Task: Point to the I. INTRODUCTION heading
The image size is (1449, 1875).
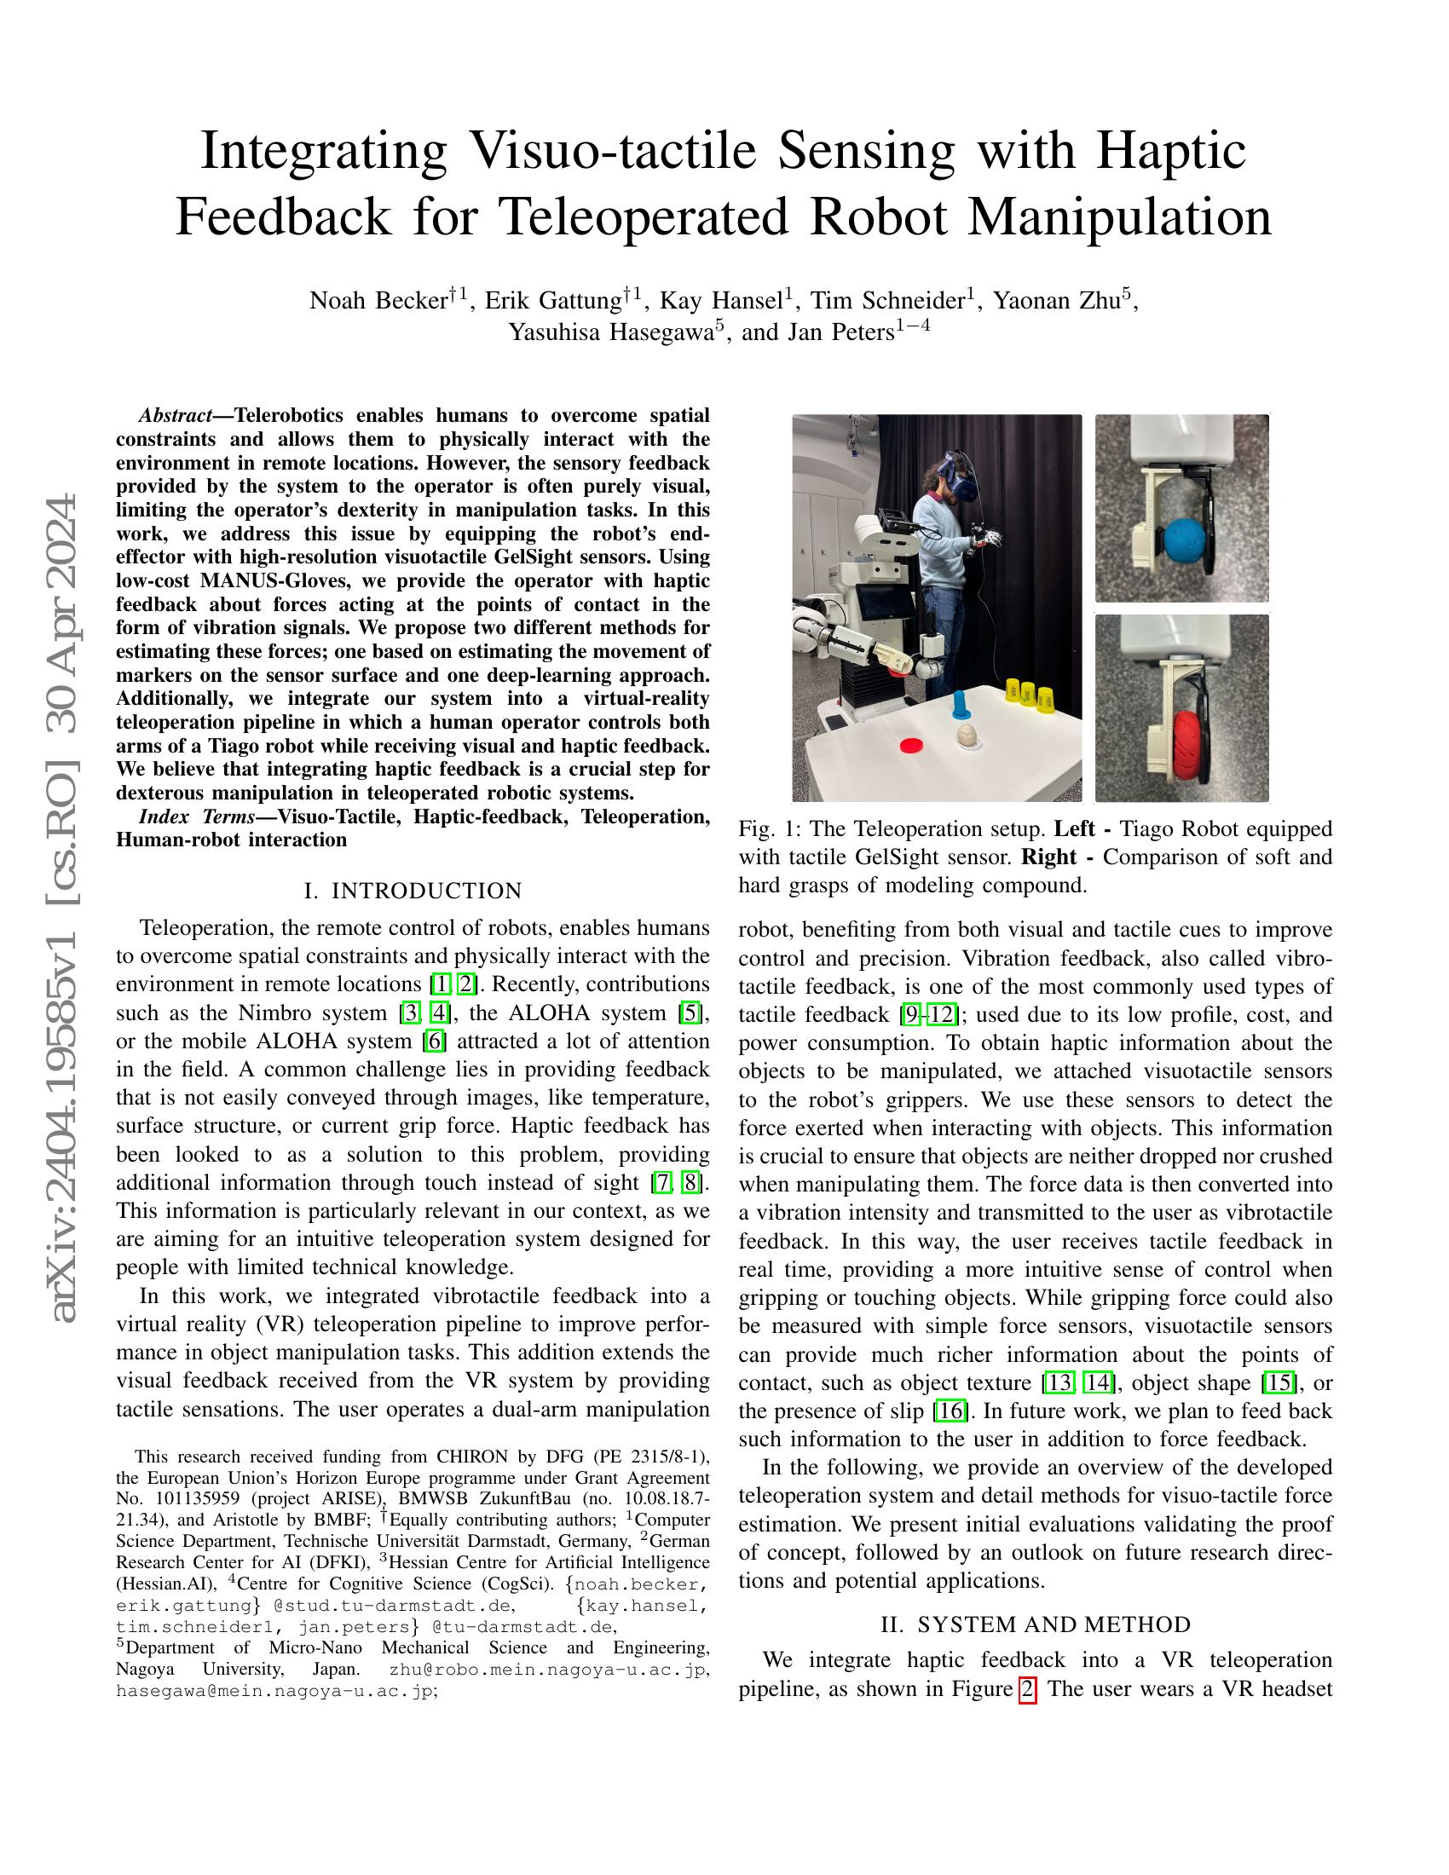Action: [x=413, y=891]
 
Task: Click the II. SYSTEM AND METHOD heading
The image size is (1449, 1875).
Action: [x=1036, y=1624]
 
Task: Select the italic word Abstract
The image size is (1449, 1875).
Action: [x=175, y=416]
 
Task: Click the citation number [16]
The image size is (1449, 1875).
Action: [x=950, y=1411]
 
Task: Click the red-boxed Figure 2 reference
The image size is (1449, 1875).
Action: [x=1028, y=1688]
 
